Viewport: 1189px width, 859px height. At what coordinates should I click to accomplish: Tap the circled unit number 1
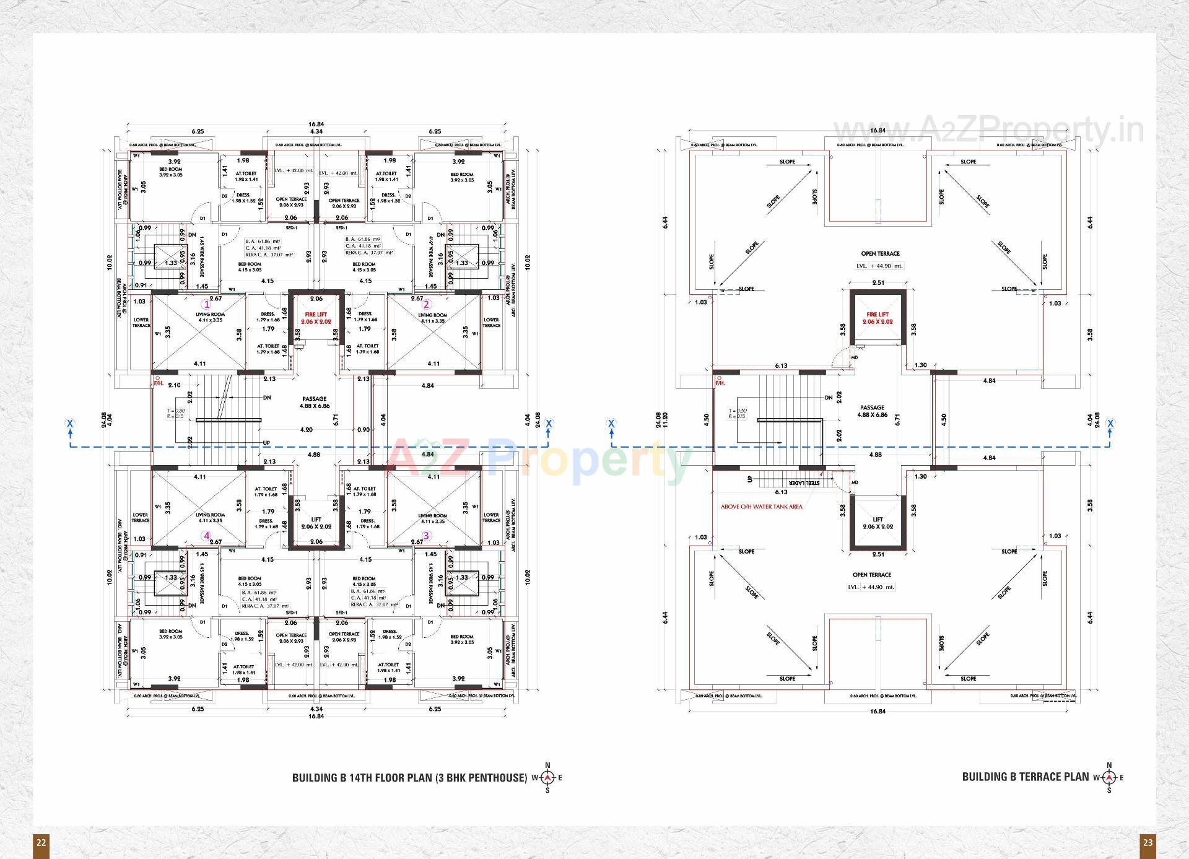[x=207, y=304]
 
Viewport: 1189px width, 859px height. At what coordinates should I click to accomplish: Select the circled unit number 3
[x=426, y=536]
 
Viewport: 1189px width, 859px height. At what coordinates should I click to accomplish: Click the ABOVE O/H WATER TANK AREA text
[x=761, y=507]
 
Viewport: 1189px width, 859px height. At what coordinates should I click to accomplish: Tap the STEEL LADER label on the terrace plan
[x=804, y=483]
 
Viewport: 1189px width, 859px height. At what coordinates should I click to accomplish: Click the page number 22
[x=41, y=842]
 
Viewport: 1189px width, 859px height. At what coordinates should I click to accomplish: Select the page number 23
[x=1148, y=842]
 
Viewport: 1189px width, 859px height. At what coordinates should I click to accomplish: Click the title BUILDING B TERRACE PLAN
[x=1025, y=777]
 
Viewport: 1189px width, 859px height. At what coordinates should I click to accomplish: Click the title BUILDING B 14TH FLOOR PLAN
[x=409, y=777]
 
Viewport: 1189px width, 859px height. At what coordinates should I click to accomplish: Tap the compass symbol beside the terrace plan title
[x=1109, y=777]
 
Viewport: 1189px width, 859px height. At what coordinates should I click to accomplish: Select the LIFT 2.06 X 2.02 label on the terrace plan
[x=878, y=523]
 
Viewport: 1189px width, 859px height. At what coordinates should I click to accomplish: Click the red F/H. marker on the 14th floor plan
[x=159, y=384]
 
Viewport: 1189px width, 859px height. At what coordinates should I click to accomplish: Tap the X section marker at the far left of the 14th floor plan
[x=71, y=424]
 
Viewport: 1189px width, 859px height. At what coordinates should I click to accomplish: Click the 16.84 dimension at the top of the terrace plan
[x=878, y=130]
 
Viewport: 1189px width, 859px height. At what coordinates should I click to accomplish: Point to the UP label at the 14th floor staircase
[x=266, y=443]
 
